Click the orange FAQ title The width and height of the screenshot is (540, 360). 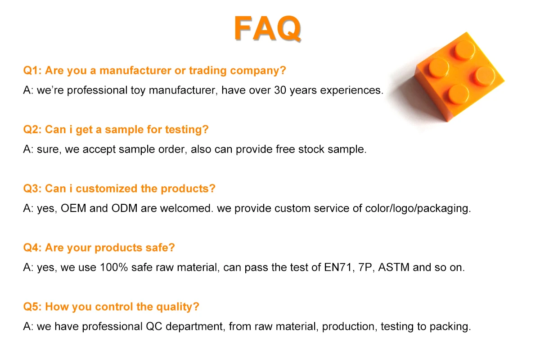(x=268, y=28)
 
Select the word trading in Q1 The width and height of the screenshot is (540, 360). (x=207, y=71)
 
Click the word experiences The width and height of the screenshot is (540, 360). (x=351, y=90)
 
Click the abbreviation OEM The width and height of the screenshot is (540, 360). (x=73, y=208)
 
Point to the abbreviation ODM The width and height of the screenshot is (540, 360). (x=124, y=208)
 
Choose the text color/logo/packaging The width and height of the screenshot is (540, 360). (x=418, y=209)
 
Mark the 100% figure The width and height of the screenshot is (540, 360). (x=114, y=267)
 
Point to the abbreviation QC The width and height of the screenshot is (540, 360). (x=154, y=327)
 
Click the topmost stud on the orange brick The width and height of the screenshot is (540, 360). (x=465, y=50)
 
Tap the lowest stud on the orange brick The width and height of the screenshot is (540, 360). (x=459, y=94)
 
